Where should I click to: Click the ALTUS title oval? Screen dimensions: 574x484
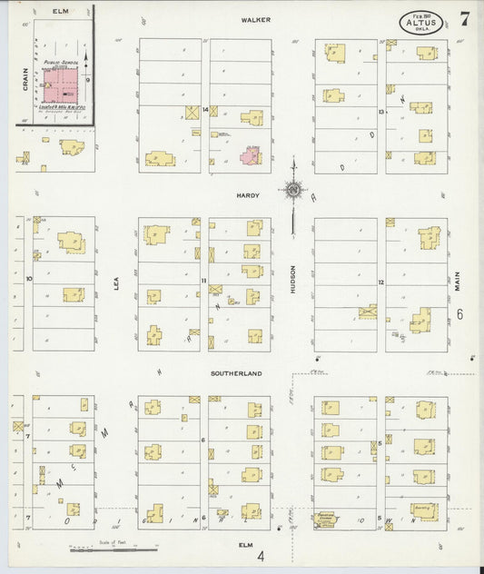(420, 22)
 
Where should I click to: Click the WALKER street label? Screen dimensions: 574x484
(252, 19)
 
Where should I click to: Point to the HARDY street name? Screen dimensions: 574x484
(248, 195)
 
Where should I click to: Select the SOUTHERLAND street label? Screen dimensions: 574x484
(237, 373)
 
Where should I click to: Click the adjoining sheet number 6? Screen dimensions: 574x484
(460, 314)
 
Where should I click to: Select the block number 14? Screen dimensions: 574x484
(206, 110)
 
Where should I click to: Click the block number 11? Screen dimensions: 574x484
(204, 281)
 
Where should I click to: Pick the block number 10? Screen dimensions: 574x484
(29, 278)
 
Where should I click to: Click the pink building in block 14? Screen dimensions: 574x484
(250, 155)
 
